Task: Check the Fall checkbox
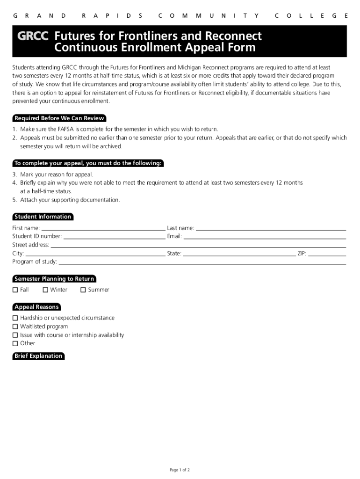tap(15, 290)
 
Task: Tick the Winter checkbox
tap(45, 290)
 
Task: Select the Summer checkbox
tap(83, 290)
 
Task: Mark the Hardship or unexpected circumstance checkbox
tap(15, 318)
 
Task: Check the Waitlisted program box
tap(15, 327)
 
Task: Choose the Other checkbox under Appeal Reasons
tap(15, 343)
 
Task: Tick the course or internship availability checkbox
tap(15, 335)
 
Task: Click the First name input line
tap(103, 229)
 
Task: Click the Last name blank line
tap(271, 229)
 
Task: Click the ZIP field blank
tap(327, 254)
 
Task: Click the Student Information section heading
tap(43, 217)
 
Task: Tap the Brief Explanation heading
tap(38, 356)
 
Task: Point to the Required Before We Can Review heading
tap(59, 118)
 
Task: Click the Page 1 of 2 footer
tap(180, 470)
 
